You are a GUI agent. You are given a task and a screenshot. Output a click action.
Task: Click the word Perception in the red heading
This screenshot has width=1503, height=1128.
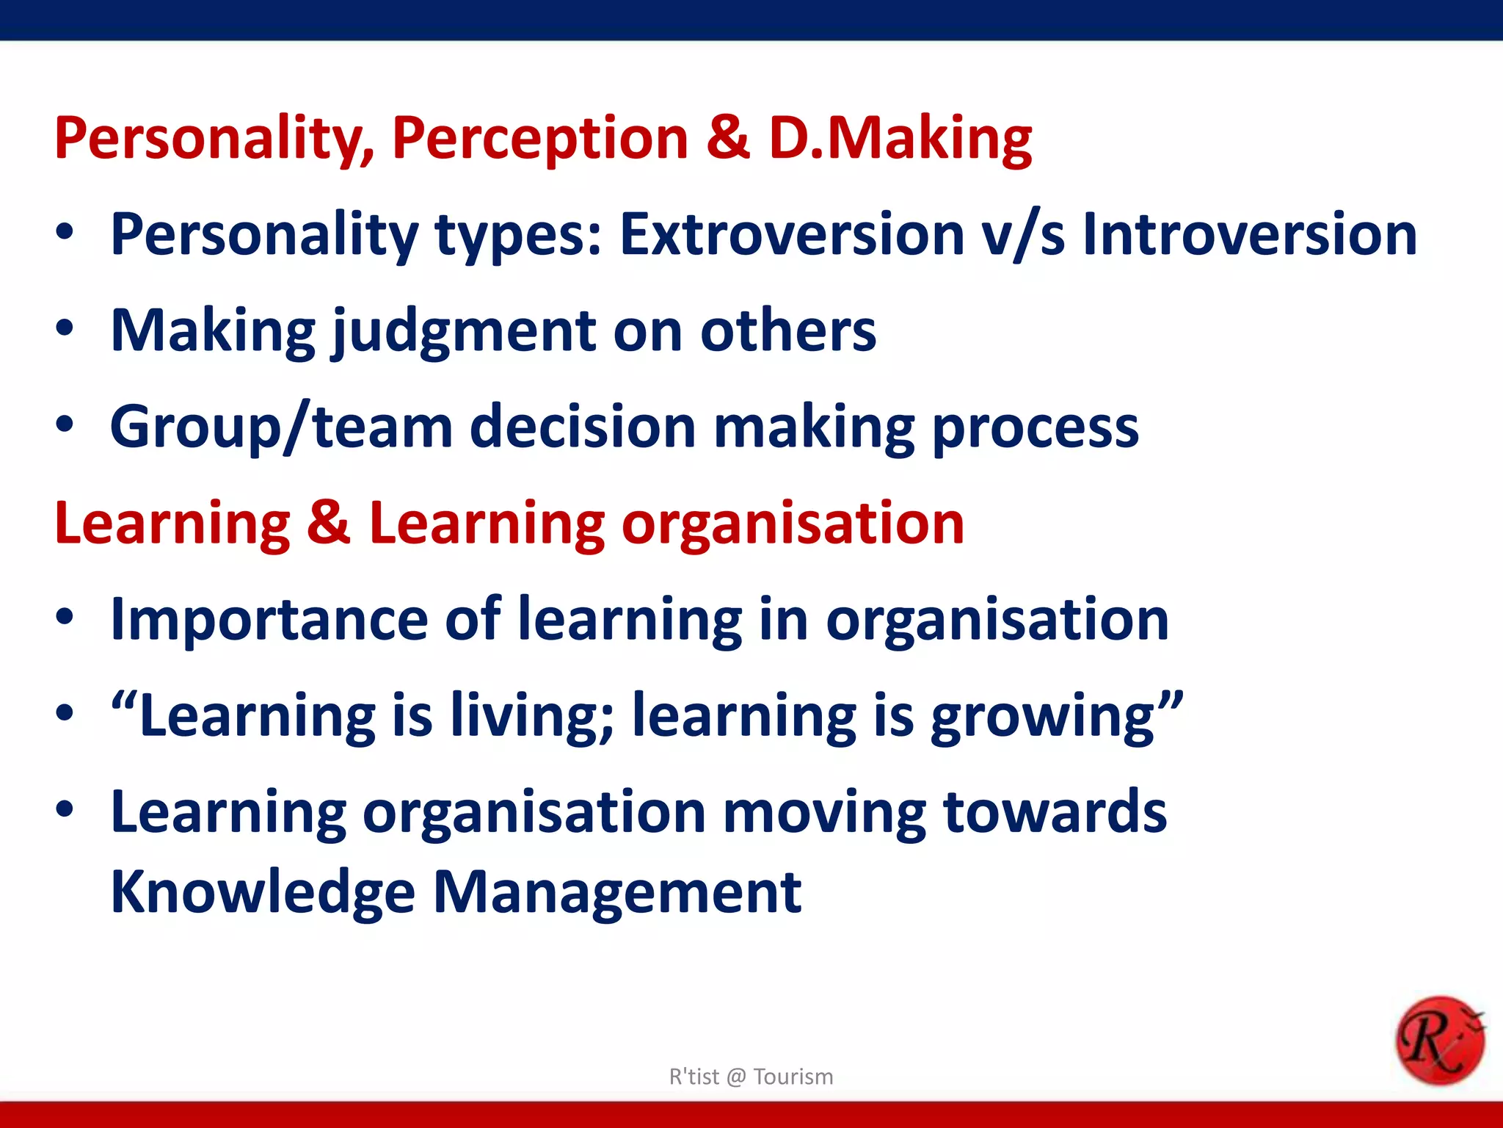point(539,140)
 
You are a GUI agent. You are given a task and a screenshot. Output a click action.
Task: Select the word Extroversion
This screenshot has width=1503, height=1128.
point(792,235)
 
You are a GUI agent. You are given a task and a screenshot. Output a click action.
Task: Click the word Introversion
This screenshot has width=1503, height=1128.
point(1250,235)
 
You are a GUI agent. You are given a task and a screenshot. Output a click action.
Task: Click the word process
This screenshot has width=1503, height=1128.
point(1035,428)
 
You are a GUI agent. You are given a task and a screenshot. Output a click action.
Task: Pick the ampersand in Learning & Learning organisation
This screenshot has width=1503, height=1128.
point(329,523)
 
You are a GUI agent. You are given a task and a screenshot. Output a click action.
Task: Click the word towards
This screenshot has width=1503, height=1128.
point(1055,812)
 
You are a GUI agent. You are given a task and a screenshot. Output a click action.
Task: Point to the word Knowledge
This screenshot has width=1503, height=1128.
point(263,893)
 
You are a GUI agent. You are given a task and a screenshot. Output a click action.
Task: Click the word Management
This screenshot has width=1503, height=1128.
point(617,893)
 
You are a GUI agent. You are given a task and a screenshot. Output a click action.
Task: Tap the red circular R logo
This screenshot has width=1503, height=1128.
point(1439,1040)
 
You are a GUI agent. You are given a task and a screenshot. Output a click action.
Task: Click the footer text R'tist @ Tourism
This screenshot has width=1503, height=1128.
point(751,1077)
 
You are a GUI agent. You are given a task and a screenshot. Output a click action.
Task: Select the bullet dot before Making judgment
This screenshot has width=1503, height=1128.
point(65,328)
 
